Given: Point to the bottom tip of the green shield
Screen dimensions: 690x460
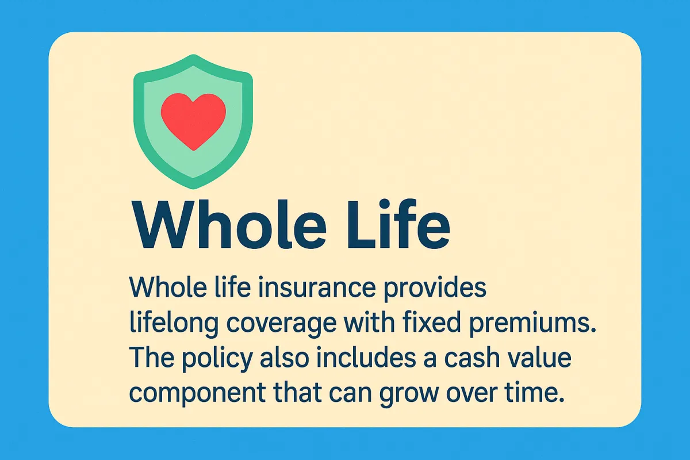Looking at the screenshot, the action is click(x=193, y=189).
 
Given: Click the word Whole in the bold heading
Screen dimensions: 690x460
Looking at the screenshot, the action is click(x=229, y=224).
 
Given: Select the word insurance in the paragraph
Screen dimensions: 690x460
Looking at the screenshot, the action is click(x=317, y=287).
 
